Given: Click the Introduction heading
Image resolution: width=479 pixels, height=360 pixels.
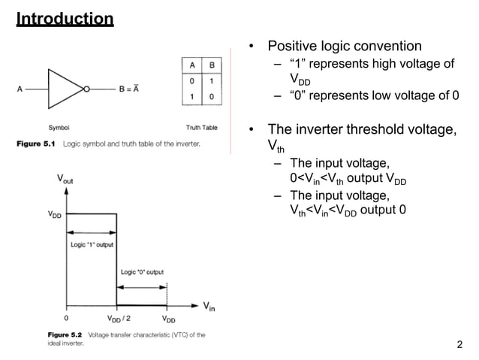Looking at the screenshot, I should pyautogui.click(x=65, y=18).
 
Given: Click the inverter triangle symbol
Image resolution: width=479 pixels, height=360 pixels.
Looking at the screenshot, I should pyautogui.click(x=66, y=88).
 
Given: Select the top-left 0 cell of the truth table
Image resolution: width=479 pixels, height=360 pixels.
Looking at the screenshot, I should pyautogui.click(x=192, y=80).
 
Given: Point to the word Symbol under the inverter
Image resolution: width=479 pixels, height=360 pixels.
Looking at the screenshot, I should pyautogui.click(x=59, y=127).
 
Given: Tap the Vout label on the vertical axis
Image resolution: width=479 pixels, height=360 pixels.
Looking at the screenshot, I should pyautogui.click(x=64, y=180).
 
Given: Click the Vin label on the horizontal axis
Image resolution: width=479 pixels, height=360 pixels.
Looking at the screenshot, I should pyautogui.click(x=209, y=306).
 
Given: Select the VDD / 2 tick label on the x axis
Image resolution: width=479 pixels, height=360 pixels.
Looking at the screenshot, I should pyautogui.click(x=119, y=319).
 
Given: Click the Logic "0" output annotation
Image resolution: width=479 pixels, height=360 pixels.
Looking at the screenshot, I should pyautogui.click(x=142, y=272).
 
